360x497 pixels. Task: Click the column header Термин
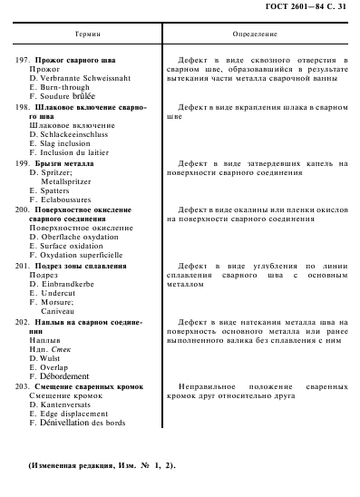pos(88,37)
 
